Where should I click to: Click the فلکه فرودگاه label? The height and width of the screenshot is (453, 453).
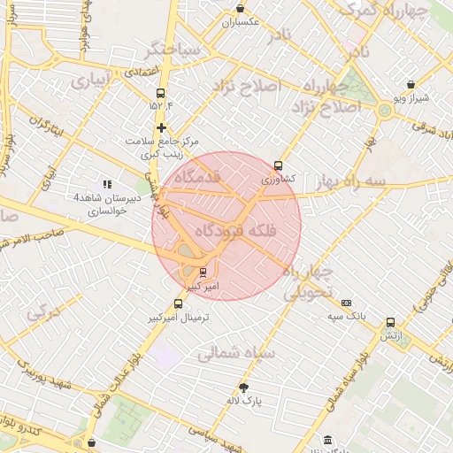pos(226,230)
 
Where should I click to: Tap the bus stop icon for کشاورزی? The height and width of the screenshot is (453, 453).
pos(279,165)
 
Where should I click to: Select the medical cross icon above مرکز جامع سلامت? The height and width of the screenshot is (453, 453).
pos(160,127)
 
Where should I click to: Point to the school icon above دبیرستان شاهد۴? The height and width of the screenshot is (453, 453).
pos(107,184)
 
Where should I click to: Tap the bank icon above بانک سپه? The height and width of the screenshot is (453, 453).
pos(346,303)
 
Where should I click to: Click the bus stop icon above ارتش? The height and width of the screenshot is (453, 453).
pos(390,322)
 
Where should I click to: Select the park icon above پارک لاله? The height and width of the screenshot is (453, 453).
pos(244,388)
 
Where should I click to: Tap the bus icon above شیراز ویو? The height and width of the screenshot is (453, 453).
pos(411,85)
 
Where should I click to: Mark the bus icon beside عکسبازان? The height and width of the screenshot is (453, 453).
pos(225,21)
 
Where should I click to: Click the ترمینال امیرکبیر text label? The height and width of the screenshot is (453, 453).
pos(181,317)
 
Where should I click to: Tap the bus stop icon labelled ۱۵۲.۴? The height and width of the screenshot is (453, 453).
pos(160,93)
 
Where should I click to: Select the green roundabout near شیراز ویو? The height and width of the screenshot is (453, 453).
pos(384,111)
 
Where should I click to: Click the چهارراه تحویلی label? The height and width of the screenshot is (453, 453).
pos(307,281)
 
